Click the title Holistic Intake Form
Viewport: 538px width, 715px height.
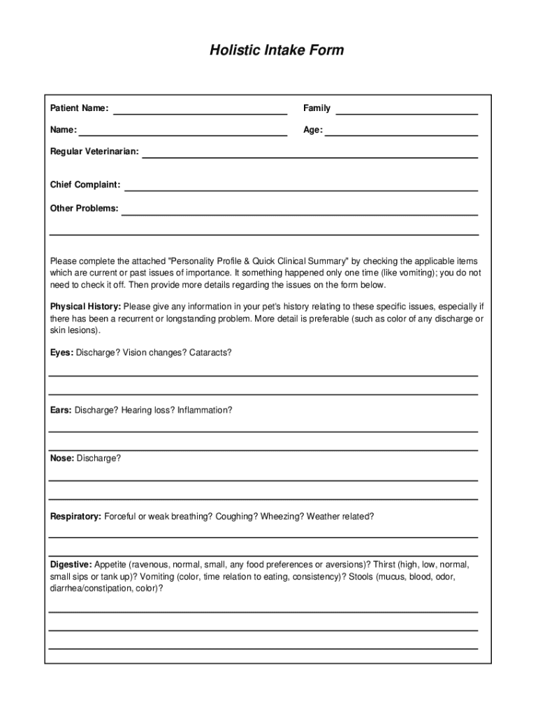pyautogui.click(x=277, y=50)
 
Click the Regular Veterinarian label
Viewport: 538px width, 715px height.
pyautogui.click(x=94, y=152)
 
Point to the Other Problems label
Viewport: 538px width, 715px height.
pyautogui.click(x=84, y=208)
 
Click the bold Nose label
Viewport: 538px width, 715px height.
pyautogui.click(x=61, y=458)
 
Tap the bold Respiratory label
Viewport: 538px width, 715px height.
pyautogui.click(x=75, y=517)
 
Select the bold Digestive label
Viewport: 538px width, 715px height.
pyautogui.click(x=71, y=564)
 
